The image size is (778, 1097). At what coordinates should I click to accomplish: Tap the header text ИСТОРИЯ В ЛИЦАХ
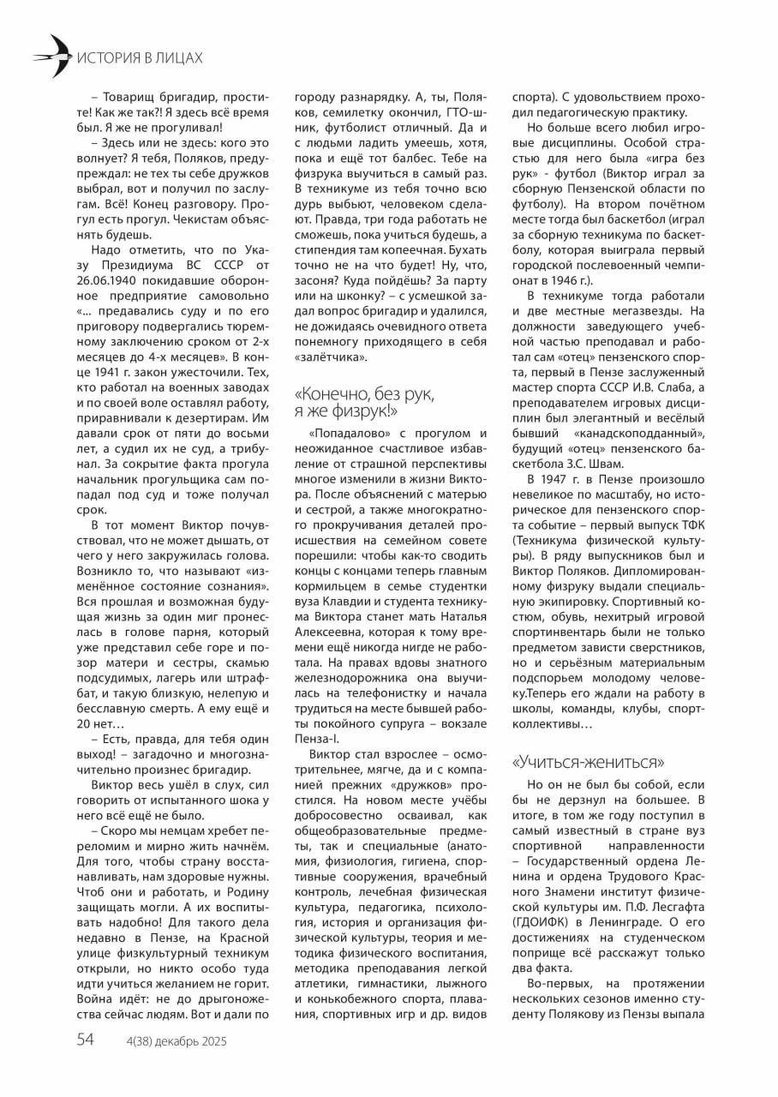point(140,58)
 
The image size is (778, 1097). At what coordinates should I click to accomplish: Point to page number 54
point(85,1040)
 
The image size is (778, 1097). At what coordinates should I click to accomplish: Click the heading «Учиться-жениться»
point(588,762)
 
